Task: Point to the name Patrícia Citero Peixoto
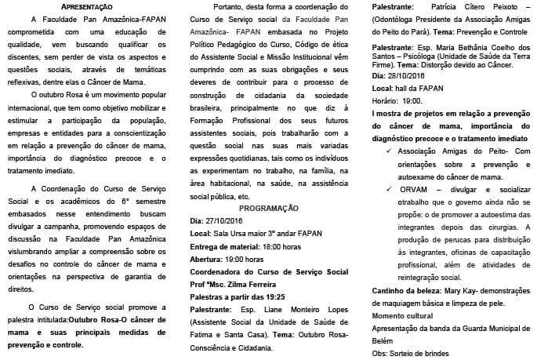click(x=457, y=6)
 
